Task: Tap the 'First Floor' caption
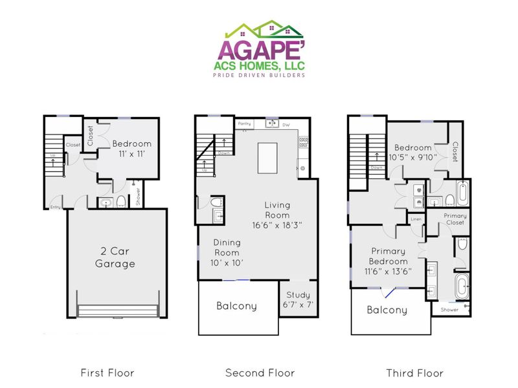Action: [107, 372]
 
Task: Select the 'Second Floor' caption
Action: [260, 372]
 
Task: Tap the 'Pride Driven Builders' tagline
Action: [260, 75]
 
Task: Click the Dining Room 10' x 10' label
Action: [227, 249]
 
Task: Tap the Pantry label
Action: [244, 123]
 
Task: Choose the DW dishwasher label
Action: [286, 123]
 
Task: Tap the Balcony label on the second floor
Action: [236, 306]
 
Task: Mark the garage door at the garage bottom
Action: [117, 312]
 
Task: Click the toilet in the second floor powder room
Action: [217, 203]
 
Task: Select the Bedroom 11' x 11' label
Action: [131, 148]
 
